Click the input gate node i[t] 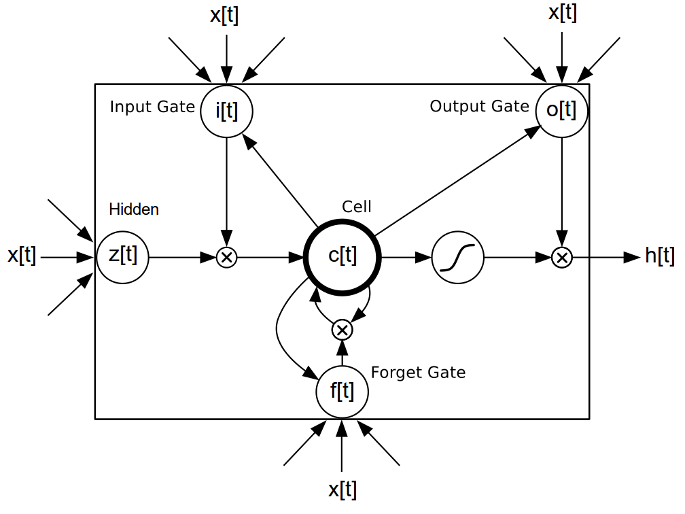226,110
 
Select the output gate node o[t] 561,110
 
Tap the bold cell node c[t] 342,257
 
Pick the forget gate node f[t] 342,392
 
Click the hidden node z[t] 122,257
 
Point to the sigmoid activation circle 457,258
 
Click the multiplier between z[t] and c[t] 226,258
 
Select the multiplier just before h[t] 561,258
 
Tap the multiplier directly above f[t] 342,330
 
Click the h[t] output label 659,256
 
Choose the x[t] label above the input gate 224,16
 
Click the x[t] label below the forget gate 342,490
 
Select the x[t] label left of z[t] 22,256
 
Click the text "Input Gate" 152,107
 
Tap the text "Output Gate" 479,107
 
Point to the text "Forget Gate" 418,373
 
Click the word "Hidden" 134,209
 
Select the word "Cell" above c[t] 357,207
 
